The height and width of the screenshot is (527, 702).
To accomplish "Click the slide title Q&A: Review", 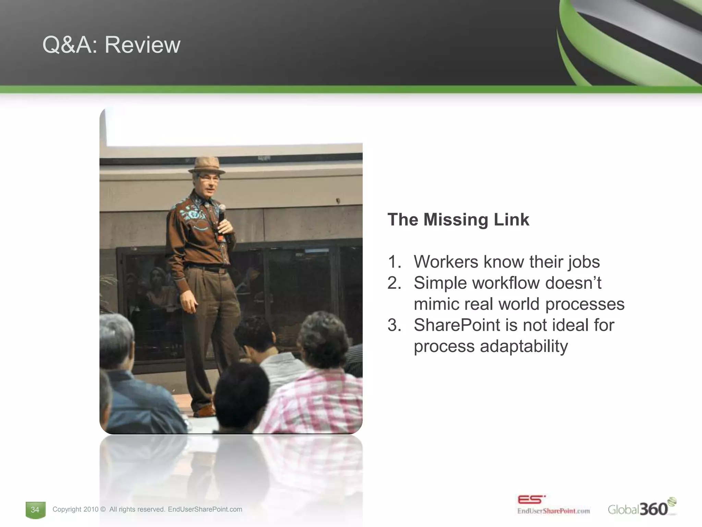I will tap(111, 45).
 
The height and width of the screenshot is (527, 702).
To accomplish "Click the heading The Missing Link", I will tap(458, 220).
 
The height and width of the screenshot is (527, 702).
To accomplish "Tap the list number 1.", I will tap(394, 262).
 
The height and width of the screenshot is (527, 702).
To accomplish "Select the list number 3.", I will tap(394, 325).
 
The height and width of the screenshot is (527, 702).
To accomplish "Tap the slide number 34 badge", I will tap(35, 510).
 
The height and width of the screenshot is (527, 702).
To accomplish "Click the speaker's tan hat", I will tap(207, 166).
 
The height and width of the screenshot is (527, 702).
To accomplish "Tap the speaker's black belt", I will tap(206, 268).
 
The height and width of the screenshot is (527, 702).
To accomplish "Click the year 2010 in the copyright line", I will tap(91, 510).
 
